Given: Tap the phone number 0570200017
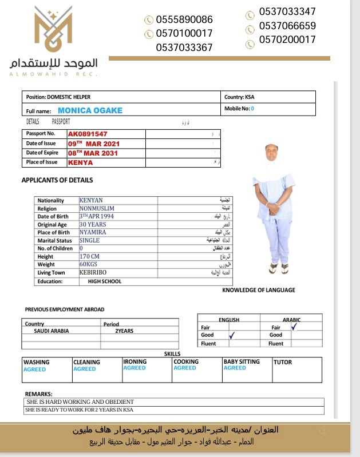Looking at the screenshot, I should (287, 40).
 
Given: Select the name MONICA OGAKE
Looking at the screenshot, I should (90, 110).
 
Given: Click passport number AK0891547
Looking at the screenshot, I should (88, 134).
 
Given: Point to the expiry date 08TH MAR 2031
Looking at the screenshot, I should (93, 153).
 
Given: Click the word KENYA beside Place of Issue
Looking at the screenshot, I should (80, 162).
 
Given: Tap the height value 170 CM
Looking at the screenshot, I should (89, 256).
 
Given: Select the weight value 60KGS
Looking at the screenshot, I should (88, 264).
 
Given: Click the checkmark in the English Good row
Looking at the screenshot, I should (231, 336).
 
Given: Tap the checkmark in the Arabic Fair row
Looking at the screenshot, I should (294, 327).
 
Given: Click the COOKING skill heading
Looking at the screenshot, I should (186, 361).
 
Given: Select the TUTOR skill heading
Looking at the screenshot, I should (282, 362).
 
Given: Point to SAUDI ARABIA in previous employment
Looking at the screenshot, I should (52, 331).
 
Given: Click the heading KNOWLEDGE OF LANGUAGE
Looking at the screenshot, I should (259, 290).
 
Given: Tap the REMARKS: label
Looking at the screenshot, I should (39, 394).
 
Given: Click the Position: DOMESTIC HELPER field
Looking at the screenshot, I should (59, 97).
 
